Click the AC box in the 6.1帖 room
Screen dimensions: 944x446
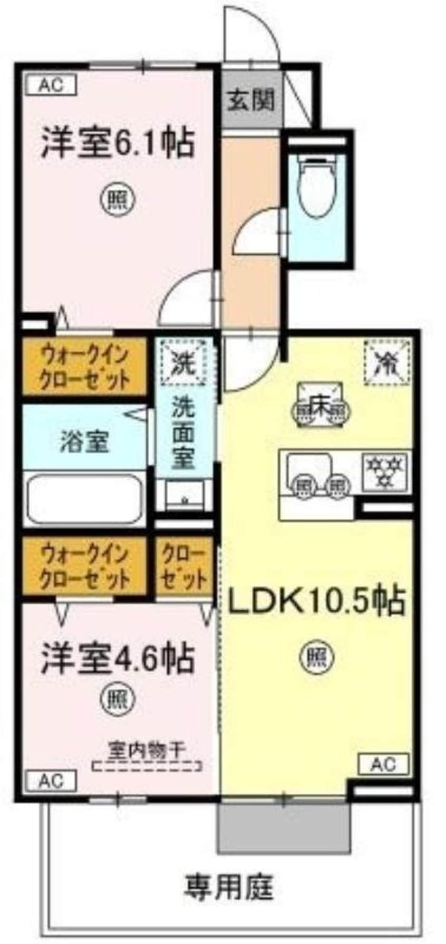tap(51, 85)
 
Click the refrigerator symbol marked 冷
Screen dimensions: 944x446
tap(386, 361)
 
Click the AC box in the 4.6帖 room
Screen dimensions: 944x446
tap(51, 780)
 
